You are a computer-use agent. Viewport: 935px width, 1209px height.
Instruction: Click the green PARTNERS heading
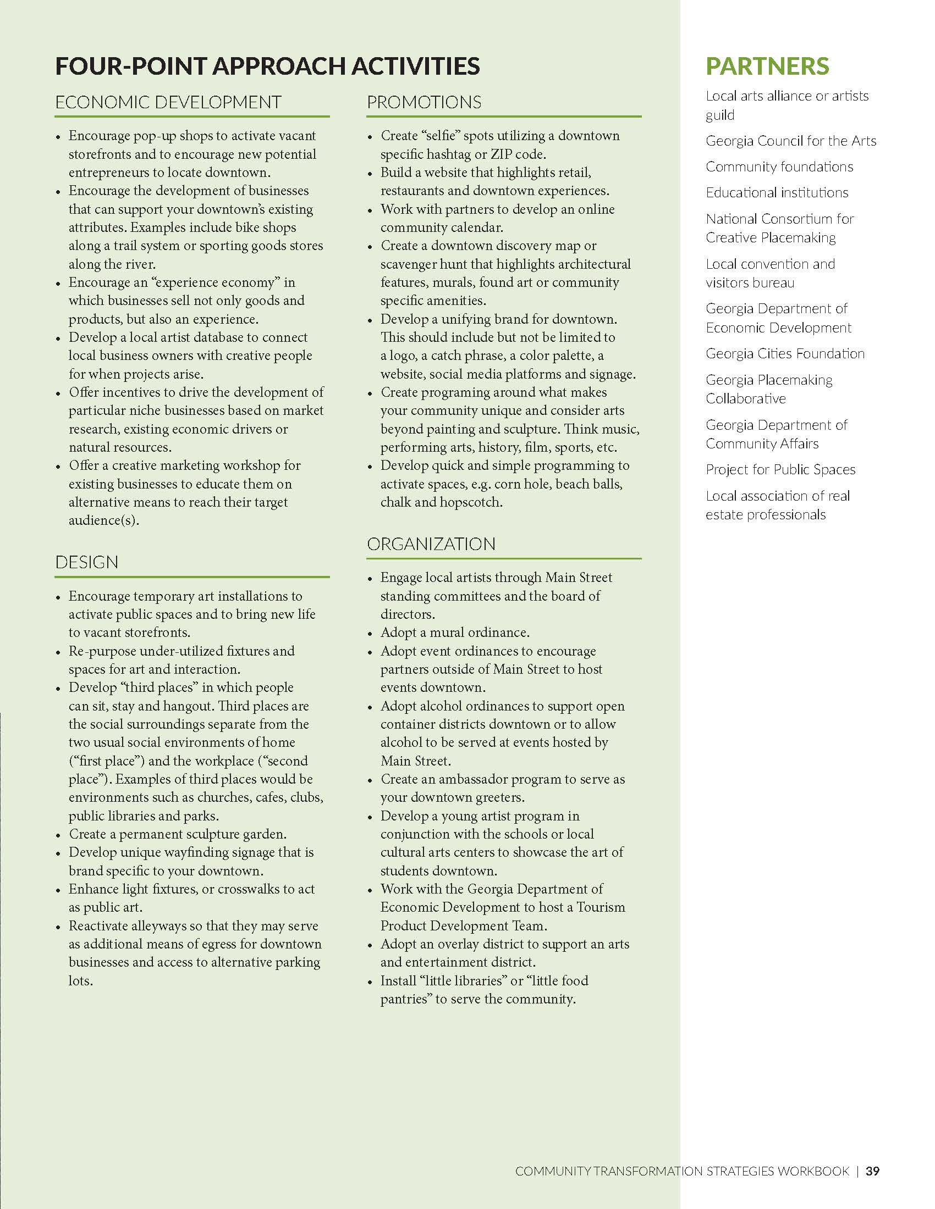(767, 66)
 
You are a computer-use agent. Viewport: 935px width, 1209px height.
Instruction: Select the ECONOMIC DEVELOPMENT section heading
(168, 102)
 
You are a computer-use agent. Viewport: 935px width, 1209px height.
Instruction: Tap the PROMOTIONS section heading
(424, 102)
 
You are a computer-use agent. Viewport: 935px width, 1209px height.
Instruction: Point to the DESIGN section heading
(86, 562)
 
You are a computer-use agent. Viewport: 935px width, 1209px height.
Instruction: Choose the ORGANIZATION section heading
(431, 544)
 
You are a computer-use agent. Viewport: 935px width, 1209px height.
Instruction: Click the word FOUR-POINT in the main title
(131, 66)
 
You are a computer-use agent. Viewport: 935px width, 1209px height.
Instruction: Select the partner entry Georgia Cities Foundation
(785, 354)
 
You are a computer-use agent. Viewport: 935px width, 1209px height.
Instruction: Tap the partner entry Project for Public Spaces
(780, 470)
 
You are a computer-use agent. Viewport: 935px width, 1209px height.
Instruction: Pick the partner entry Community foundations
(779, 167)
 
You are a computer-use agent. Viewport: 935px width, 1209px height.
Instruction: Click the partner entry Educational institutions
(777, 193)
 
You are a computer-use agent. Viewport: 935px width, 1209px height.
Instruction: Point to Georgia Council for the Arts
(791, 141)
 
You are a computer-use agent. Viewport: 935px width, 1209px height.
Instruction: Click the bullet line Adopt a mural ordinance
(455, 632)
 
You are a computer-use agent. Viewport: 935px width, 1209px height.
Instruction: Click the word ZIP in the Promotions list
(502, 154)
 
